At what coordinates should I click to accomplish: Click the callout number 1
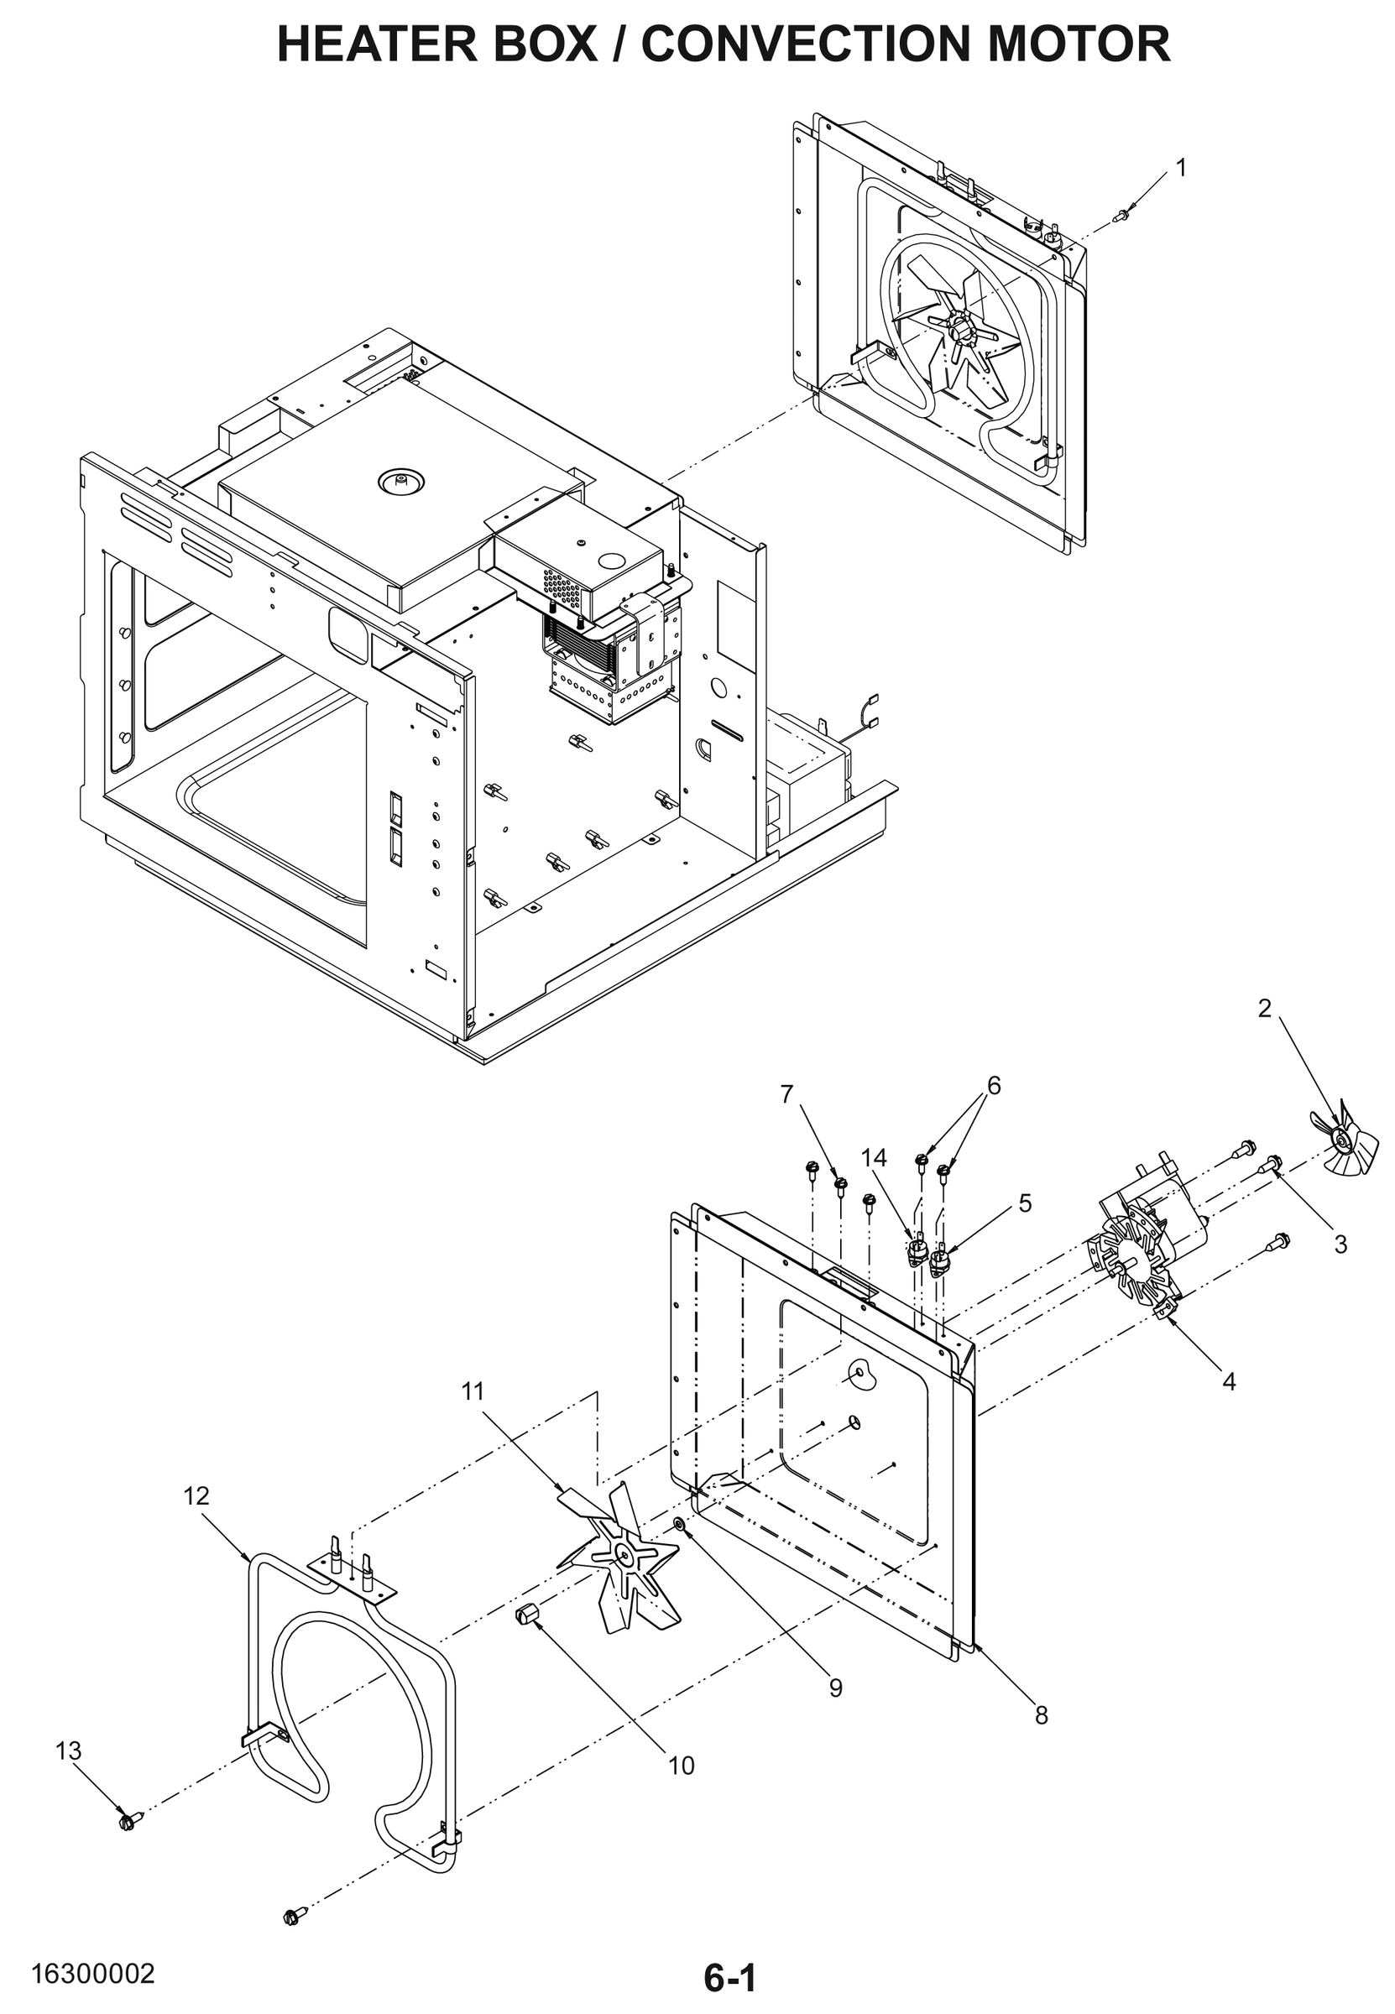1181,168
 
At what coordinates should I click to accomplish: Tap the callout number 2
1264,1009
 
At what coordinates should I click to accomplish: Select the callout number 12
196,1495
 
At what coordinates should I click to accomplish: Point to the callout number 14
873,1158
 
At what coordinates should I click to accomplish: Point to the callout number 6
994,1085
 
